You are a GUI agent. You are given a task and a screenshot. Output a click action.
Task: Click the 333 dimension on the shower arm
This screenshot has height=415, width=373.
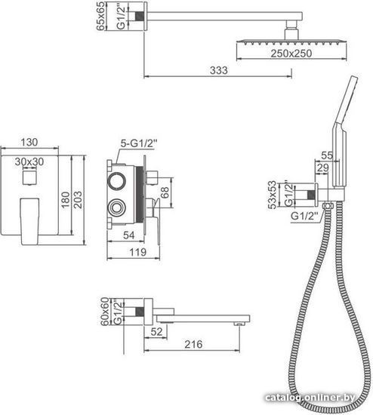tap(218, 70)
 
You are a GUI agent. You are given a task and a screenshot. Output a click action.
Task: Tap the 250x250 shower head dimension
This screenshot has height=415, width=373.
tap(291, 54)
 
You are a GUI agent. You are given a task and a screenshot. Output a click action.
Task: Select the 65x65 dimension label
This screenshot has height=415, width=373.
tap(101, 16)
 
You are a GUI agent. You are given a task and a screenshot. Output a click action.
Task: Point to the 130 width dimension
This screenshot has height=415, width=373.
tap(29, 142)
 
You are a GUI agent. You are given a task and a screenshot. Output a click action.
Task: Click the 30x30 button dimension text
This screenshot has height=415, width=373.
tap(29, 161)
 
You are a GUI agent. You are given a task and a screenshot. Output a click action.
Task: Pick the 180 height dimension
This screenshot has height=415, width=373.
tap(65, 199)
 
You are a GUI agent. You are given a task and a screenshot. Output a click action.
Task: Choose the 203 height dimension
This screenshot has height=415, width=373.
tap(78, 199)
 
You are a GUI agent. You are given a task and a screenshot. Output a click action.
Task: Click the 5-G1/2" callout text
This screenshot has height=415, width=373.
tap(139, 143)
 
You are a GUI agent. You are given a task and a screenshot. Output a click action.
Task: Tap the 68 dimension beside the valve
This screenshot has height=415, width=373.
tap(165, 193)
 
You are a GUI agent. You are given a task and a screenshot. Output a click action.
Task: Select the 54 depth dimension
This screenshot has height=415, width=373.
tap(129, 235)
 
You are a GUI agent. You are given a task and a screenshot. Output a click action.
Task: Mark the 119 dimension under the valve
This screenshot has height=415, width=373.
tap(137, 252)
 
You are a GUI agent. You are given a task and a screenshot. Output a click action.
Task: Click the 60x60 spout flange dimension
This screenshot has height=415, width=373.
tap(105, 312)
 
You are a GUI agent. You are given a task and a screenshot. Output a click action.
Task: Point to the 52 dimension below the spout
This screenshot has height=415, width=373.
tap(156, 332)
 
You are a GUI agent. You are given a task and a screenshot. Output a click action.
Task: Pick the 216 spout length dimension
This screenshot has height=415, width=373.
tap(193, 344)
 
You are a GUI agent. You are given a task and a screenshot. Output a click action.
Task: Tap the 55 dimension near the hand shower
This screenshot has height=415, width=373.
tap(327, 155)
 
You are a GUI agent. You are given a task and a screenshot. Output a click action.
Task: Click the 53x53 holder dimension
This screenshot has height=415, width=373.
tap(272, 195)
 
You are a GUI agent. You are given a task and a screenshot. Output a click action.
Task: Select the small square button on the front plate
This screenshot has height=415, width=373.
tap(29, 177)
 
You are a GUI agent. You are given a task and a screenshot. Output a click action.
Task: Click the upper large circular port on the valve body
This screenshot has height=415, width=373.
tap(116, 181)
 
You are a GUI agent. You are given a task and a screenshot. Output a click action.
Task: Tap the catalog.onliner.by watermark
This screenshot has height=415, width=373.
tap(310, 397)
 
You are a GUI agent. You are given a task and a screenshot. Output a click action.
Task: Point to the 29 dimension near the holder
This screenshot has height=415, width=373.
tap(322, 168)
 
